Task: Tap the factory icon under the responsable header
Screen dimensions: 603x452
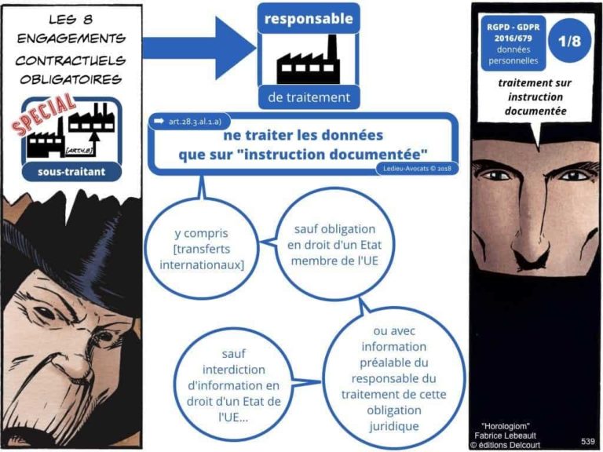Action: point(308,60)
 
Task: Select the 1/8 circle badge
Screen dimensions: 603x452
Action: point(569,41)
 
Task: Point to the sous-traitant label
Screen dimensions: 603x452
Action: point(71,171)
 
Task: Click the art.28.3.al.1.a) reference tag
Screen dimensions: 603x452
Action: point(190,122)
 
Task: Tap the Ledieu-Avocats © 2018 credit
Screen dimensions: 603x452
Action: point(417,168)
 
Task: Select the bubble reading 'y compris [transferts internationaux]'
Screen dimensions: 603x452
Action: point(202,248)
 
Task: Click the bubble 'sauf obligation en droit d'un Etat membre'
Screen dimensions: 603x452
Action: point(334,245)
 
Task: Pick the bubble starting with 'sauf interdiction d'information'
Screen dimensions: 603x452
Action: point(233,385)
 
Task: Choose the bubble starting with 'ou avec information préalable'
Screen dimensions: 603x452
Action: point(394,378)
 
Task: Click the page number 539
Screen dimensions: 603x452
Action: point(588,441)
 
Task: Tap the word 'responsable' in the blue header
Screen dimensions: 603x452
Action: point(309,19)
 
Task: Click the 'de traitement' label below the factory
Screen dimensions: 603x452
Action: point(309,97)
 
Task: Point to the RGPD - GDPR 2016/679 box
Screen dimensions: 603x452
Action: point(513,43)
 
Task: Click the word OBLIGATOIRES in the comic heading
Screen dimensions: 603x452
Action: point(71,79)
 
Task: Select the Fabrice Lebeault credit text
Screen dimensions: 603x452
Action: point(505,436)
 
